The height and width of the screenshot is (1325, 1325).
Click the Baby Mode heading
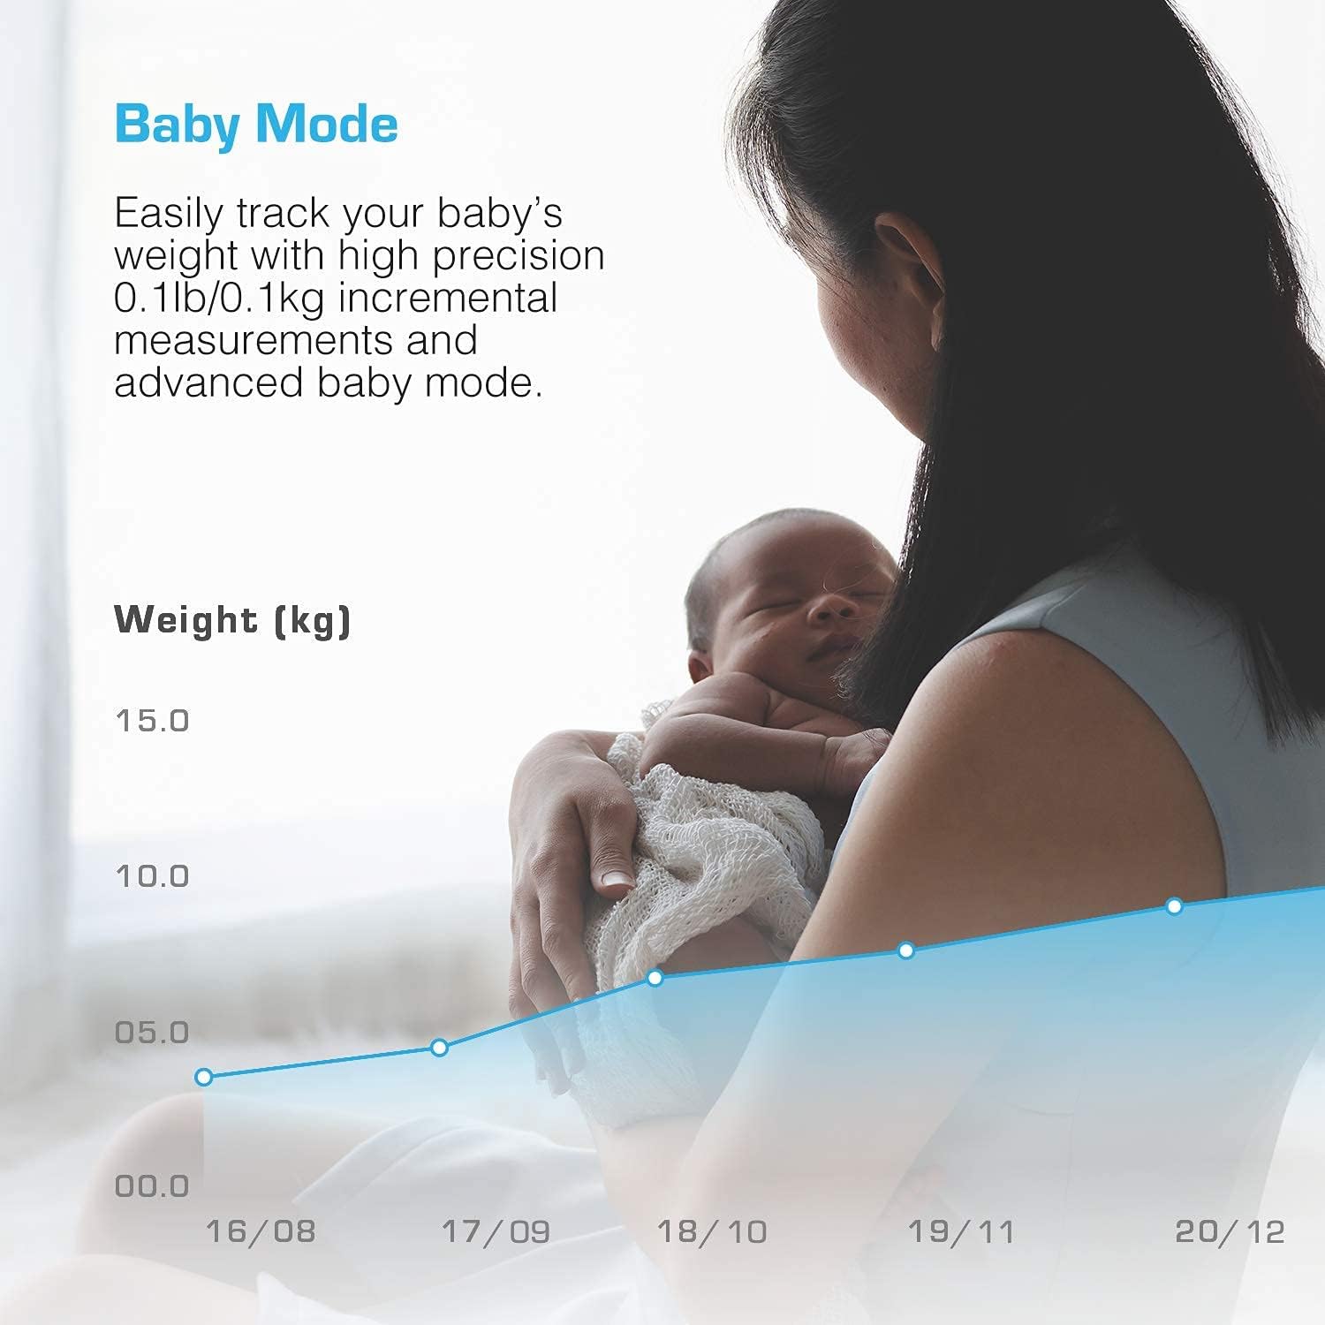pyautogui.click(x=256, y=124)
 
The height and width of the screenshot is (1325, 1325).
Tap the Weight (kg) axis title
pyautogui.click(x=232, y=620)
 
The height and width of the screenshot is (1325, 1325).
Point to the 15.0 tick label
pyautogui.click(x=152, y=721)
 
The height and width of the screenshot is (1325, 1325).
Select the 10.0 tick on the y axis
pyautogui.click(x=152, y=876)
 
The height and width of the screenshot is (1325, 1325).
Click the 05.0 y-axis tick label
pyautogui.click(x=152, y=1032)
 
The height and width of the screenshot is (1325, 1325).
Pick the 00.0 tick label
pyautogui.click(x=152, y=1186)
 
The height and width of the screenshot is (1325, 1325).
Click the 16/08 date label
pyautogui.click(x=260, y=1231)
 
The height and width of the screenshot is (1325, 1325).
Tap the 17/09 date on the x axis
pyautogui.click(x=496, y=1231)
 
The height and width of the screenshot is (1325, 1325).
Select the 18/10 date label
pyautogui.click(x=712, y=1231)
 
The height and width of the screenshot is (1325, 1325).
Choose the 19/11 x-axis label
pyautogui.click(x=961, y=1231)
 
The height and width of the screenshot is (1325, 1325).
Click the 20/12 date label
pyautogui.click(x=1230, y=1231)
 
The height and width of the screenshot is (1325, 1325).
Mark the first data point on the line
pyautogui.click(x=204, y=1077)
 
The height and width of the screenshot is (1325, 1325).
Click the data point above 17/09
pyautogui.click(x=439, y=1048)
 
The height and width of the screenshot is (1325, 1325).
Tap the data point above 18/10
pyautogui.click(x=655, y=978)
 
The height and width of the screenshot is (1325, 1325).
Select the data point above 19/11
pyautogui.click(x=905, y=950)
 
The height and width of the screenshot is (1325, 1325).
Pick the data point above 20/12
pyautogui.click(x=1174, y=906)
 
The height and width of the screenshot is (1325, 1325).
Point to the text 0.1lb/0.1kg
pyautogui.click(x=220, y=298)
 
